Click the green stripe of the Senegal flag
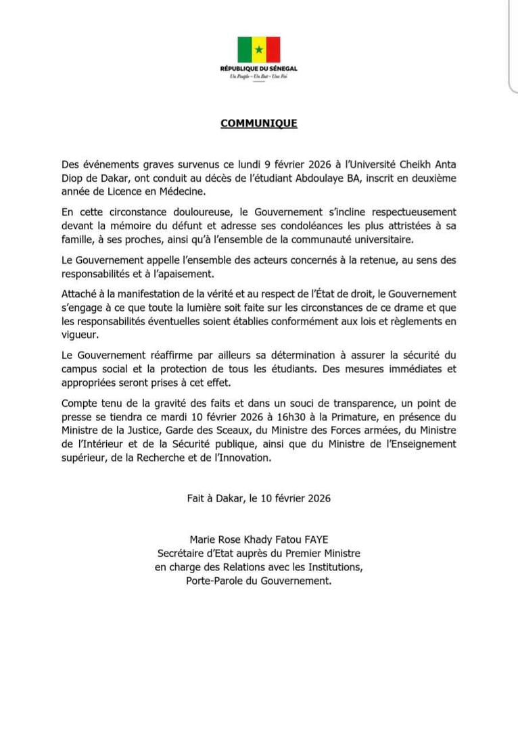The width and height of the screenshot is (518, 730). [243, 49]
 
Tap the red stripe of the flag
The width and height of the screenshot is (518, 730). [273, 49]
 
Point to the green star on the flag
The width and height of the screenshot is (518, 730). [258, 49]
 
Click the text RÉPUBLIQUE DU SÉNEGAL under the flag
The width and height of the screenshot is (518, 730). [258, 69]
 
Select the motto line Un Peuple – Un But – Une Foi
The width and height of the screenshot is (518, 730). [258, 78]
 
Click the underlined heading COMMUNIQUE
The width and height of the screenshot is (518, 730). [258, 124]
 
